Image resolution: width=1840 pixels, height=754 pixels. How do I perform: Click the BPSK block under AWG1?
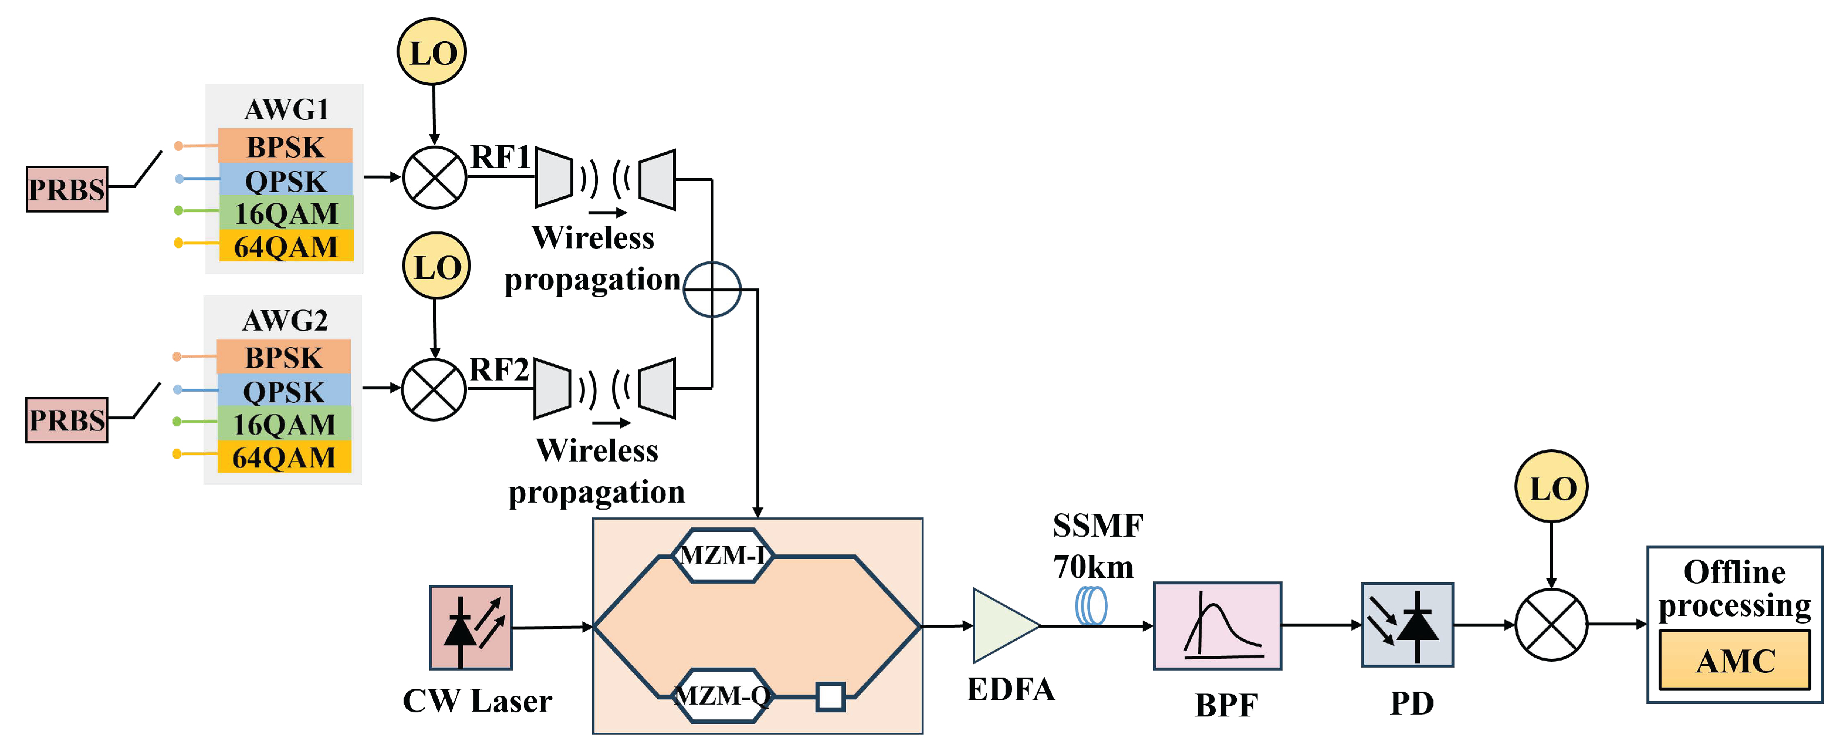click(285, 146)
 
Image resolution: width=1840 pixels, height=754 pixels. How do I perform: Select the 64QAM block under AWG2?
click(283, 457)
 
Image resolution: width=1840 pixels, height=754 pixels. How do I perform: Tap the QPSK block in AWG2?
click(283, 391)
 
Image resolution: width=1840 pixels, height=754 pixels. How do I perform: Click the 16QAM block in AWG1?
click(286, 213)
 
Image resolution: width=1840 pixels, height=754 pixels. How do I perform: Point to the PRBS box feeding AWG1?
click(66, 190)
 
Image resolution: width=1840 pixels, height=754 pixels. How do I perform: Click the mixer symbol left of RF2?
click(434, 389)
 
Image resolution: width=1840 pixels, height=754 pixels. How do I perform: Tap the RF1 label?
click(500, 157)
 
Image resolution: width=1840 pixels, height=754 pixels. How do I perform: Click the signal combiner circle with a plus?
click(712, 290)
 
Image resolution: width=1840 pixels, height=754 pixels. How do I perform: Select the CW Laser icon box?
click(470, 627)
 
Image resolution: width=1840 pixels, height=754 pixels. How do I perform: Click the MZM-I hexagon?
click(723, 556)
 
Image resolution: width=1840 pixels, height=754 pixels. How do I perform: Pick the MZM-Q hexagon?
click(723, 695)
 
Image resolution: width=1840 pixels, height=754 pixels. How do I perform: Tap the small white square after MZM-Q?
click(830, 696)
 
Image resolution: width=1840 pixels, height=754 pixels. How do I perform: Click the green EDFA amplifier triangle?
click(1002, 625)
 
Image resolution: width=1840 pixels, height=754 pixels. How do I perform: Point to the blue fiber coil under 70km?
click(1091, 605)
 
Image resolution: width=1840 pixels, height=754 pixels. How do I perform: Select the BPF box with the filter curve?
click(1217, 625)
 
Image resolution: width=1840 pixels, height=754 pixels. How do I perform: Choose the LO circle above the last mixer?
click(1551, 487)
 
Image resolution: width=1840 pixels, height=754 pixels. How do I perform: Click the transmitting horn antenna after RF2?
click(553, 388)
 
